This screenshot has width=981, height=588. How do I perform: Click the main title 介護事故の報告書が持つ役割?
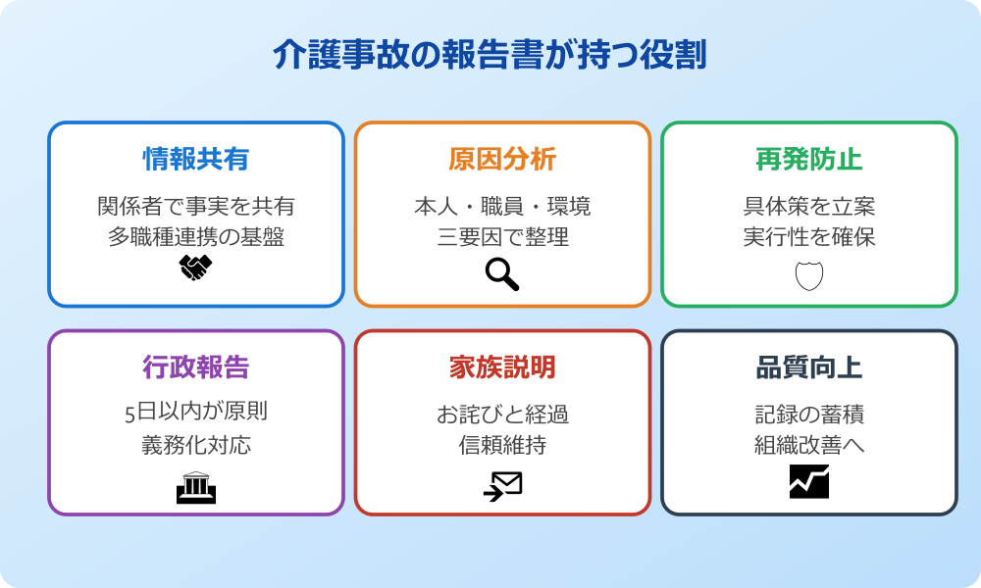point(490,56)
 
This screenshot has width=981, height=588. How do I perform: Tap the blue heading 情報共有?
point(196,159)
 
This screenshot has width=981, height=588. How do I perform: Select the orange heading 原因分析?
point(502,159)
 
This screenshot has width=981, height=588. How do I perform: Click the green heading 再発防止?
point(808,159)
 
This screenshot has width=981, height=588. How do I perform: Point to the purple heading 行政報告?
point(196,367)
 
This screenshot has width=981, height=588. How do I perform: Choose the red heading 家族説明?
point(502,367)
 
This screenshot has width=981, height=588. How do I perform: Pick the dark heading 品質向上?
point(808,367)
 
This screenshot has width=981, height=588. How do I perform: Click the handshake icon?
point(196,268)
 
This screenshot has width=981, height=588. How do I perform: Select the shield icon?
point(808,276)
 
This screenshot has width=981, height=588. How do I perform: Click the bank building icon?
point(196,486)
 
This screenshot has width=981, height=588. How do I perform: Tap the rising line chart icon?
point(808,482)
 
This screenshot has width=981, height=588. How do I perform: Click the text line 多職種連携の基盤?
point(196,237)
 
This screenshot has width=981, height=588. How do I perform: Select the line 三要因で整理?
point(502,237)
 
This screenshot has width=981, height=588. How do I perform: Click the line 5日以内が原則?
point(196,413)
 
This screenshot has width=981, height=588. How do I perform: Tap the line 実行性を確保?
point(808,237)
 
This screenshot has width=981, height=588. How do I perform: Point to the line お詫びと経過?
point(502,414)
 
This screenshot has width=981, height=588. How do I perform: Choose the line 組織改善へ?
point(808,445)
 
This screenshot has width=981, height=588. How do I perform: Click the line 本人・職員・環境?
point(502,207)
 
